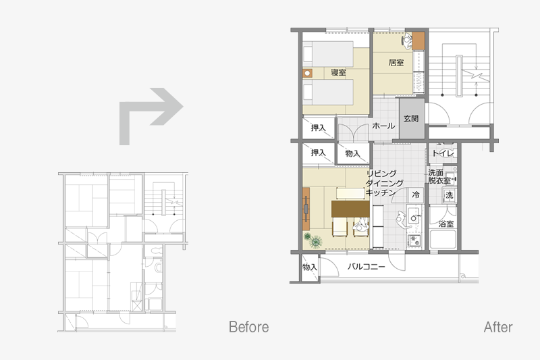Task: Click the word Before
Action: click(x=248, y=327)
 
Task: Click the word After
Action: click(x=498, y=327)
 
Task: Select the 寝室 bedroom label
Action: click(x=338, y=72)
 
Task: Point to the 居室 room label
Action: click(x=396, y=62)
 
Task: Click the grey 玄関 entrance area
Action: click(x=412, y=119)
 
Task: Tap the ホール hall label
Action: click(x=383, y=126)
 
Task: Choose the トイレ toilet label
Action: click(x=443, y=153)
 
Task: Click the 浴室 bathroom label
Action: click(x=446, y=224)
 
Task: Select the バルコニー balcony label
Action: click(x=366, y=266)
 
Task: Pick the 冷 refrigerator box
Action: click(x=416, y=195)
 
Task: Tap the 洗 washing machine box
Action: click(x=449, y=195)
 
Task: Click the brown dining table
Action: click(x=350, y=209)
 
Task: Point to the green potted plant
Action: click(x=313, y=240)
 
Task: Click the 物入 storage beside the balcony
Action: click(x=310, y=267)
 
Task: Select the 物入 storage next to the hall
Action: click(x=352, y=153)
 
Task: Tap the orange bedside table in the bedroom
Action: click(x=308, y=73)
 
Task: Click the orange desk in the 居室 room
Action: click(x=418, y=41)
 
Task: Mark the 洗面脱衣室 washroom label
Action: click(x=440, y=176)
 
